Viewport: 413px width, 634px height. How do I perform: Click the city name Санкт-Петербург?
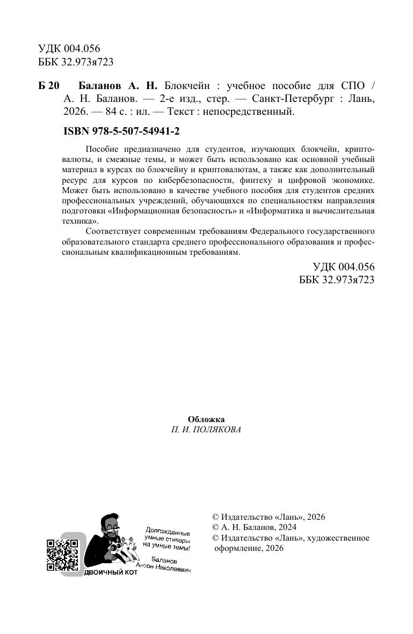(289, 100)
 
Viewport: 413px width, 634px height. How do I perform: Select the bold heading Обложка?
(206, 419)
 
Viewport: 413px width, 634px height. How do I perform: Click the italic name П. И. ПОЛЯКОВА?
(206, 430)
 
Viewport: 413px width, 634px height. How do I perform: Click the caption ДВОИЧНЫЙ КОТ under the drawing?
(112, 572)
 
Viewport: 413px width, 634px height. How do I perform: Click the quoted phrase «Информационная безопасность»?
(173, 211)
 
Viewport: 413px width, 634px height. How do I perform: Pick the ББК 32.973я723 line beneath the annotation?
(336, 279)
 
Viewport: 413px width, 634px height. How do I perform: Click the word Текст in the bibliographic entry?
(182, 112)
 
